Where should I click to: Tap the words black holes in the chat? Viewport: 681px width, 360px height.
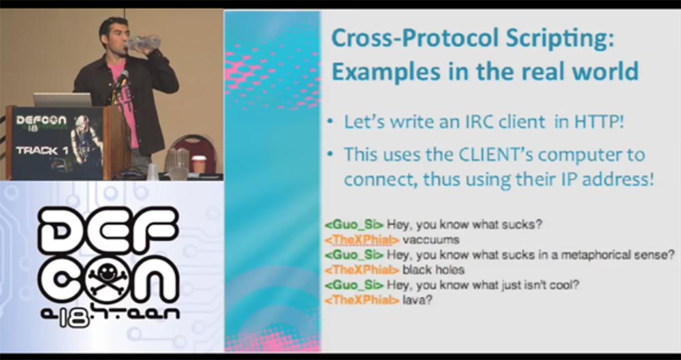click(x=433, y=269)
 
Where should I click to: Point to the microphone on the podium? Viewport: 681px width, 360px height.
click(x=120, y=80)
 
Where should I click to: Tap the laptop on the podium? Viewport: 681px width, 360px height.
click(x=63, y=99)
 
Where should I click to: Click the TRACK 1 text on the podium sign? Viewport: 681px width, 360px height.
click(x=37, y=150)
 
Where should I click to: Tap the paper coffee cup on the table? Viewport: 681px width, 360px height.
click(x=198, y=165)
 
